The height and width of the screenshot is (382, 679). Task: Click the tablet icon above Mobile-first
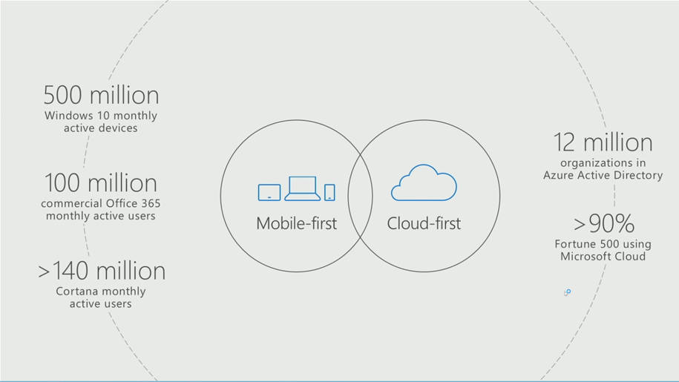click(x=269, y=193)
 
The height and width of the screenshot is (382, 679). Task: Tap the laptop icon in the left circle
click(x=302, y=188)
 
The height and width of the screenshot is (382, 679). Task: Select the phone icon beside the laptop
click(x=329, y=193)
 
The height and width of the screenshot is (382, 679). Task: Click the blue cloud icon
click(x=424, y=182)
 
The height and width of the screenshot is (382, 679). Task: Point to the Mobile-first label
click(x=297, y=223)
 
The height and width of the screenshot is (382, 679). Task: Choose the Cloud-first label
click(x=424, y=223)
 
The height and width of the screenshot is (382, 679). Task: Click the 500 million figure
click(x=102, y=95)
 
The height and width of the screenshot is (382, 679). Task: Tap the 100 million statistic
click(x=101, y=183)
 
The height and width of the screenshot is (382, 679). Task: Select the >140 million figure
click(x=102, y=271)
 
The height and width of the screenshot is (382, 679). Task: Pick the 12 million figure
click(x=603, y=142)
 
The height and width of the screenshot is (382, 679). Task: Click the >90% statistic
click(x=604, y=223)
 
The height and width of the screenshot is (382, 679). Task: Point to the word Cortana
click(x=75, y=292)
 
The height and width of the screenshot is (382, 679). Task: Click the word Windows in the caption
click(x=69, y=116)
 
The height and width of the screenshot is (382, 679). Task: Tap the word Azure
click(x=557, y=175)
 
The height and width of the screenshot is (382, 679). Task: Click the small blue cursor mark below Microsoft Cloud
click(x=567, y=292)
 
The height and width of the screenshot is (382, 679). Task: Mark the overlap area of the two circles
click(x=361, y=196)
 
